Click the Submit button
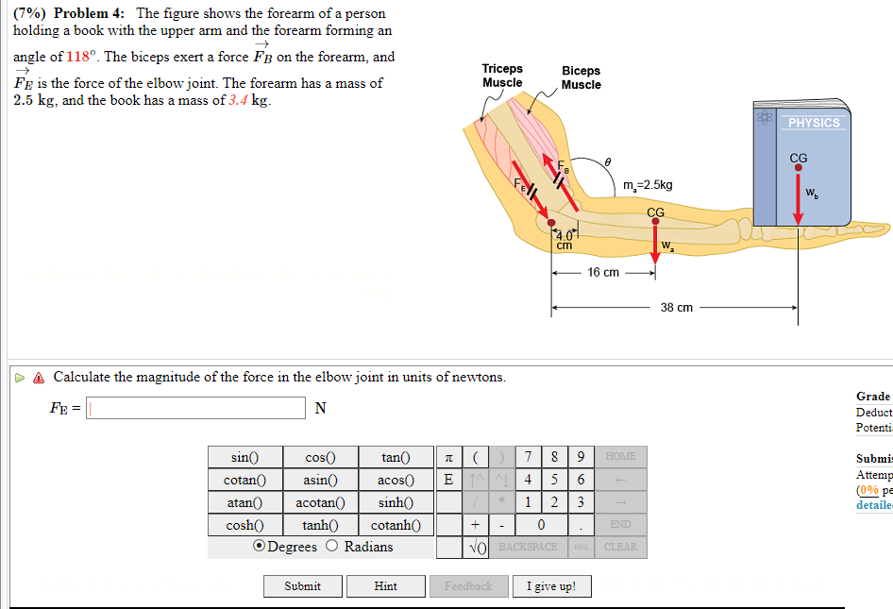pos(302,586)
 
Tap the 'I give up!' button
pos(550,586)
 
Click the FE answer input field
pos(197,408)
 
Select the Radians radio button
pos(332,547)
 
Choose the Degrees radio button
pos(259,547)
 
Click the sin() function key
pos(244,457)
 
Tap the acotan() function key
pos(319,502)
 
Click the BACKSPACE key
pos(528,547)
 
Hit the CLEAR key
pos(620,547)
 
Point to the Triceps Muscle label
pos(502,76)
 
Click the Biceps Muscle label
pos(581,77)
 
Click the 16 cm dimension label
pos(603,273)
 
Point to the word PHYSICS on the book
pos(813,123)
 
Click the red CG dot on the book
pos(798,168)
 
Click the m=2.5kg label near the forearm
pos(648,185)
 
